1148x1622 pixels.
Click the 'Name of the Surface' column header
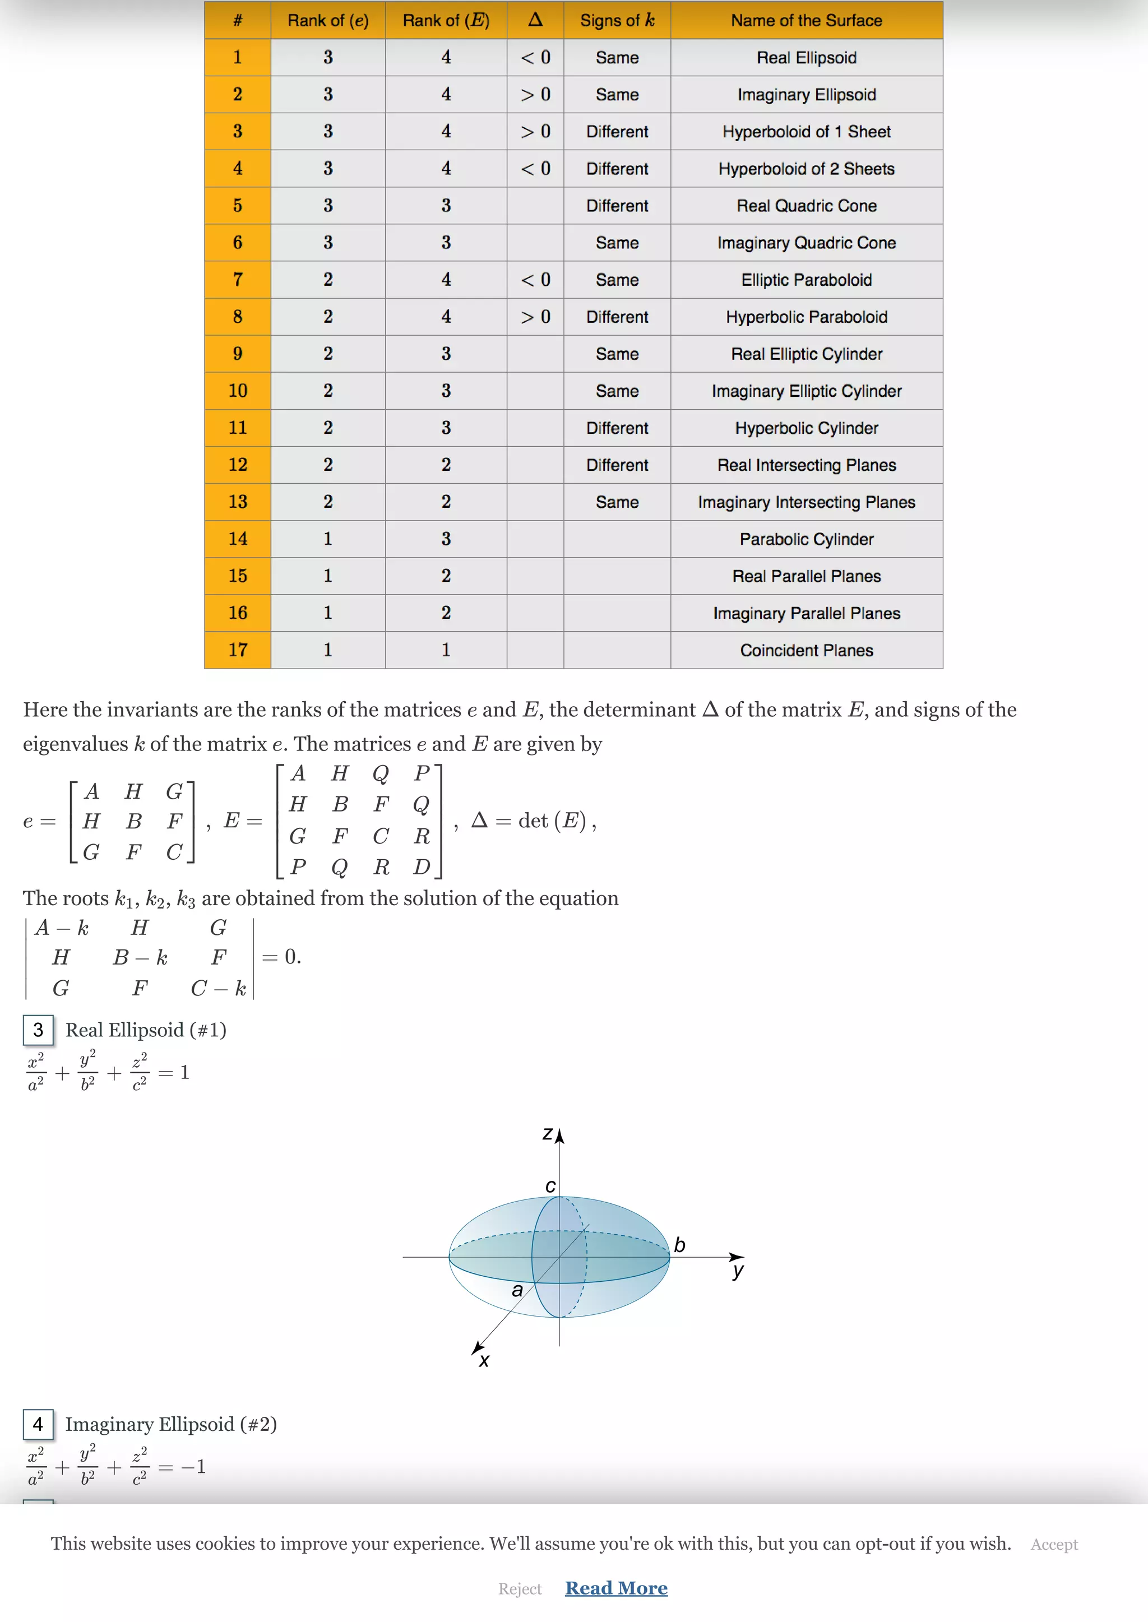pos(806,21)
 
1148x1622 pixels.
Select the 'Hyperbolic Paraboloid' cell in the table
pos(806,317)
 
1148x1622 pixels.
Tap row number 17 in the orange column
pos(238,650)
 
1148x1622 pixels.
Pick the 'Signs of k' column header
pos(617,21)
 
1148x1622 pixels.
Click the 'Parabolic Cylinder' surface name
pos(806,539)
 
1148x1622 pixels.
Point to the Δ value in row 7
pos(535,280)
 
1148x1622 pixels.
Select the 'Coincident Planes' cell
pos(806,650)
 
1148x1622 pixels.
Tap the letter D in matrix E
pos(422,866)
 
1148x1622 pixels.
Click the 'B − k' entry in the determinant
pos(140,958)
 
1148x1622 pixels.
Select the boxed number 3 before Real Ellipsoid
pos(38,1030)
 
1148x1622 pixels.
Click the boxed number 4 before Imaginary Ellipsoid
pos(38,1424)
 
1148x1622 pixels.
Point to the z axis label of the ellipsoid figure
pos(547,1134)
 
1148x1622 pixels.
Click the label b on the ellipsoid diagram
pos(679,1245)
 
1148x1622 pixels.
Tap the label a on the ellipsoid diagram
pos(517,1291)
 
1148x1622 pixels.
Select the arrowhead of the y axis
pos(737,1257)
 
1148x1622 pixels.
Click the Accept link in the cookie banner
pos(1053,1544)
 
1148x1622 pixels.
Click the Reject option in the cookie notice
pos(520,1589)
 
